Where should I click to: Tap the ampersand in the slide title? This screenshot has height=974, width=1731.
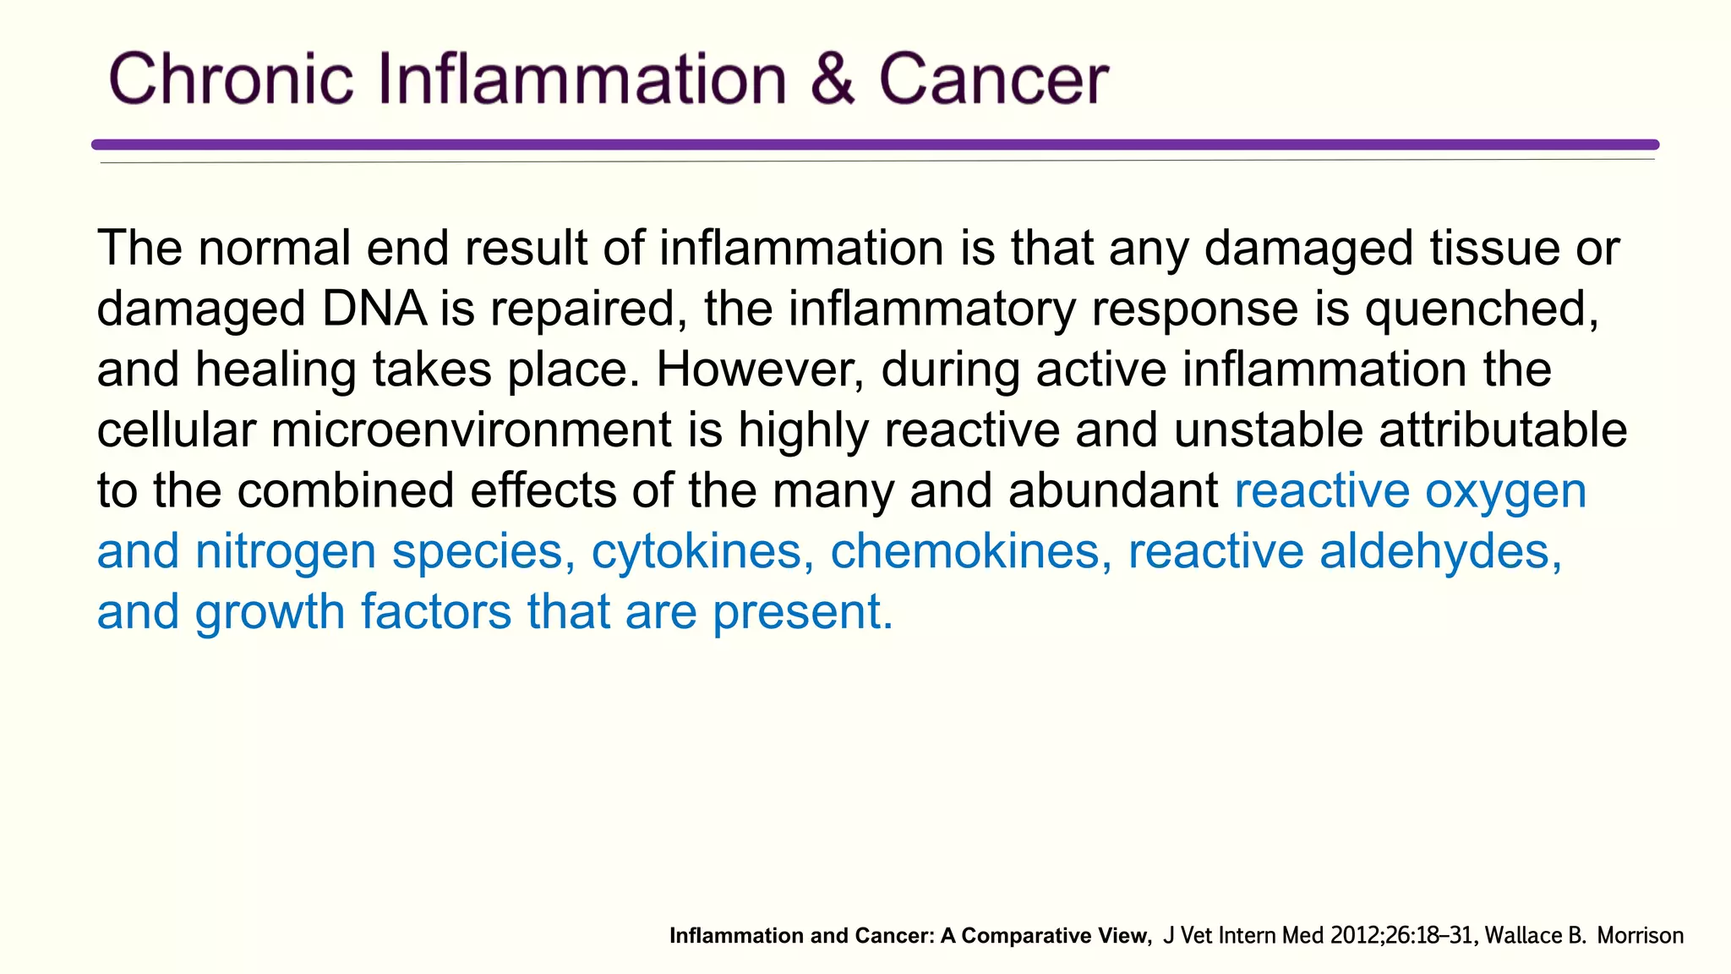coord(832,79)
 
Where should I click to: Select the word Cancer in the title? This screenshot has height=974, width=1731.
coord(993,79)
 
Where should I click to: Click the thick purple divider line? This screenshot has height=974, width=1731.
coord(875,145)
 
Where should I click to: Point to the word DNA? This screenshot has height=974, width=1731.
coord(374,309)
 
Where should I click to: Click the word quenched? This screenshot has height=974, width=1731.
coord(1481,309)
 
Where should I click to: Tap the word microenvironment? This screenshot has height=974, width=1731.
coord(471,430)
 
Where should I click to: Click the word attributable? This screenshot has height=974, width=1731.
coord(1503,430)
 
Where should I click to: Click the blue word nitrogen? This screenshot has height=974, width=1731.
coord(285,552)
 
